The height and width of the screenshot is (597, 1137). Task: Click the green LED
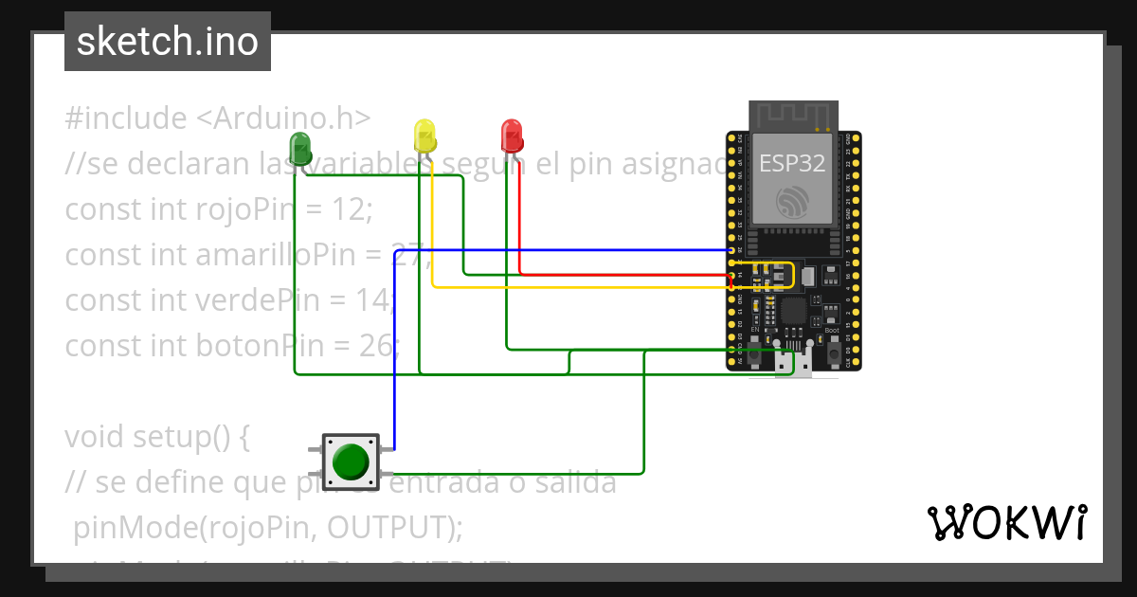point(300,148)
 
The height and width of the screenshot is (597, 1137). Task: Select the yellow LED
point(424,135)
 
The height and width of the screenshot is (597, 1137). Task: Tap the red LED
point(512,135)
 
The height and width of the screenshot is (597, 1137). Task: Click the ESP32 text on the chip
point(792,163)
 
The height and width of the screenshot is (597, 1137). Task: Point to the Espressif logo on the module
point(792,202)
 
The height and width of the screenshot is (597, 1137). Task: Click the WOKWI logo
point(1006,522)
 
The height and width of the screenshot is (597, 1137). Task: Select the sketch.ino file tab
point(168,42)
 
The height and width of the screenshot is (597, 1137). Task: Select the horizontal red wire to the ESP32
point(625,276)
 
